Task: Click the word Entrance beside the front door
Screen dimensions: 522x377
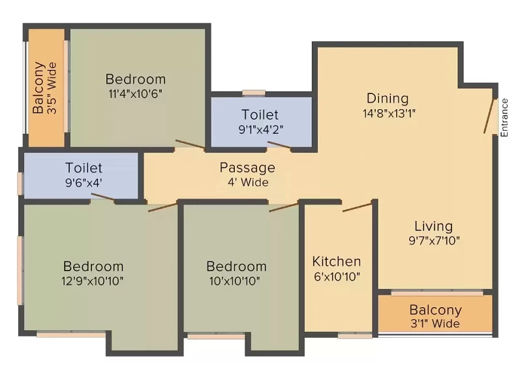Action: [504, 118]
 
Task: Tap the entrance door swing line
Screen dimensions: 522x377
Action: [489, 116]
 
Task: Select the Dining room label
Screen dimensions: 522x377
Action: [388, 98]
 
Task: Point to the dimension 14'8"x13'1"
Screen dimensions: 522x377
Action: [389, 113]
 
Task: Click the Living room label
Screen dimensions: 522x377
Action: [433, 226]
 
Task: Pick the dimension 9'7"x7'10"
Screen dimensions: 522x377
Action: [434, 240]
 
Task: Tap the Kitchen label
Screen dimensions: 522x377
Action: [337, 261]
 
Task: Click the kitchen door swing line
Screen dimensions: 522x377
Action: [357, 207]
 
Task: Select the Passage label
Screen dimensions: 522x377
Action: [247, 168]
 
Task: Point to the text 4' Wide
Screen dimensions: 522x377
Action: [248, 182]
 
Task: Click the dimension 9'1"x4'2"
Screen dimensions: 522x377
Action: [261, 129]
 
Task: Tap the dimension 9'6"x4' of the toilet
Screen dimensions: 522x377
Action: [84, 183]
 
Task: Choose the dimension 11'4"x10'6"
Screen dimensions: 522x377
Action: [135, 93]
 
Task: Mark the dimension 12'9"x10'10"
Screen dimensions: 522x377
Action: [93, 281]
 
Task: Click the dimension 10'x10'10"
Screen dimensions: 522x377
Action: [235, 281]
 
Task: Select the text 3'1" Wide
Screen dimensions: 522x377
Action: [435, 323]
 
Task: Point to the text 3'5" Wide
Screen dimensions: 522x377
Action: [52, 88]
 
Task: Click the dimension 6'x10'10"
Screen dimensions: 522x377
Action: [337, 276]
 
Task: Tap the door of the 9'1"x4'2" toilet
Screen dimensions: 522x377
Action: [279, 144]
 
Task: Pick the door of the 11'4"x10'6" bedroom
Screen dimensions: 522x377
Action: [191, 144]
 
